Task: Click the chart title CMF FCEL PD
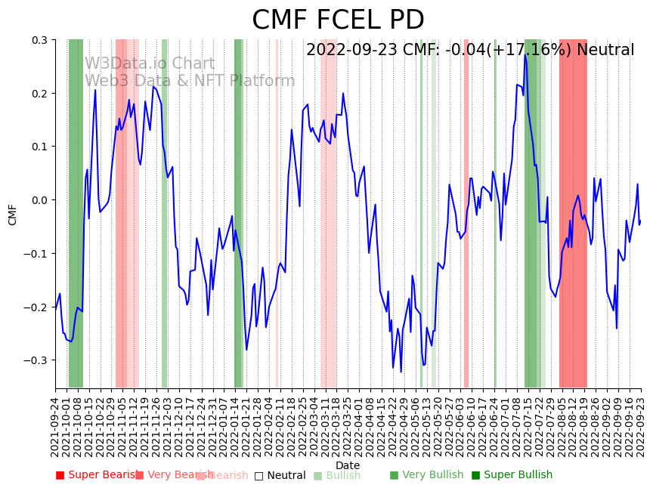tap(338, 20)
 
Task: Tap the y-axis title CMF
tap(13, 214)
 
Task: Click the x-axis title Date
tap(348, 465)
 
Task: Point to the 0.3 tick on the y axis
tap(39, 40)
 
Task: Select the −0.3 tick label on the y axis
tap(36, 360)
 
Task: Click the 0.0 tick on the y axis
tap(39, 200)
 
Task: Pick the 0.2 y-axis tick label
tap(39, 94)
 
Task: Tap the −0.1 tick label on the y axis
tap(36, 254)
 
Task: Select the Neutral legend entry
tap(280, 476)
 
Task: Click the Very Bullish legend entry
tap(426, 475)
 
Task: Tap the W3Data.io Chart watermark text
tap(150, 64)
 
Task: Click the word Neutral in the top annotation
tap(605, 51)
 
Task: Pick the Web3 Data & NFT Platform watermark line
tap(190, 81)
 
